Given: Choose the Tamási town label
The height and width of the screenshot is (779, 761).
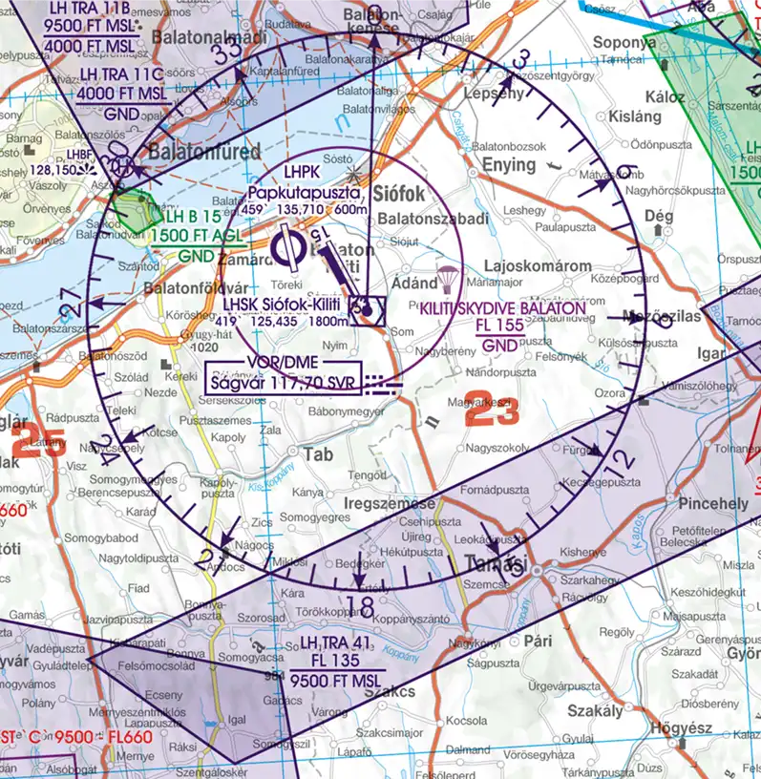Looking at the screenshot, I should (x=495, y=563).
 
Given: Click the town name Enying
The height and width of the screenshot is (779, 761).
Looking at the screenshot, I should (x=508, y=165).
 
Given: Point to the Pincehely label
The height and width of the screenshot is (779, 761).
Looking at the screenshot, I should (x=712, y=503).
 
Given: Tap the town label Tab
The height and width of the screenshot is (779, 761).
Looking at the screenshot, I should (x=319, y=454).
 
